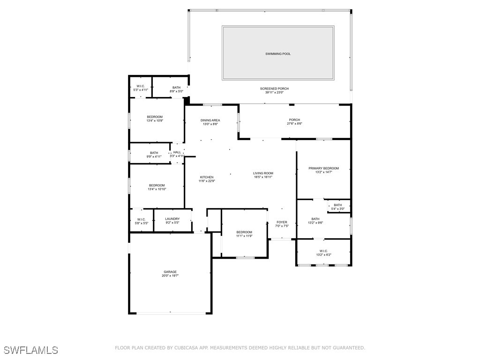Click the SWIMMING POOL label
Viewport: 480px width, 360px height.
click(278, 54)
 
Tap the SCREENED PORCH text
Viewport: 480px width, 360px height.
click(274, 89)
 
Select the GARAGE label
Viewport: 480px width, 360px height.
click(170, 272)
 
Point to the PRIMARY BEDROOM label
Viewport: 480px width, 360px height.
click(323, 168)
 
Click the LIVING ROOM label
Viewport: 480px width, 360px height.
click(263, 173)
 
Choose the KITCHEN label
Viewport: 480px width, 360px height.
click(206, 177)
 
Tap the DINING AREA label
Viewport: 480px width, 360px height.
click(211, 120)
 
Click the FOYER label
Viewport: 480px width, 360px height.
click(282, 222)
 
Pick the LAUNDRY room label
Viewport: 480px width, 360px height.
click(172, 219)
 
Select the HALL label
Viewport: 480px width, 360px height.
click(177, 152)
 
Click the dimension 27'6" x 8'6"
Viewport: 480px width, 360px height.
click(294, 124)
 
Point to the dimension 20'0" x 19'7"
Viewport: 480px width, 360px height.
click(170, 276)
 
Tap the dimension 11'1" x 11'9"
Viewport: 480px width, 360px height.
click(244, 236)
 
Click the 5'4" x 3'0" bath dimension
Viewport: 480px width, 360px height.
click(337, 209)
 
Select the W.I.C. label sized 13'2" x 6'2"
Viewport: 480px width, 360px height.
click(323, 251)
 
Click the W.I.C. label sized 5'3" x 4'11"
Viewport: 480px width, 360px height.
click(141, 86)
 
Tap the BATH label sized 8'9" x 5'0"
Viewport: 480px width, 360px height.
click(176, 88)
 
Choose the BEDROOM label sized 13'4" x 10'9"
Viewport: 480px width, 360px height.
click(155, 117)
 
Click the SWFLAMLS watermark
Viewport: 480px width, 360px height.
click(30, 350)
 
